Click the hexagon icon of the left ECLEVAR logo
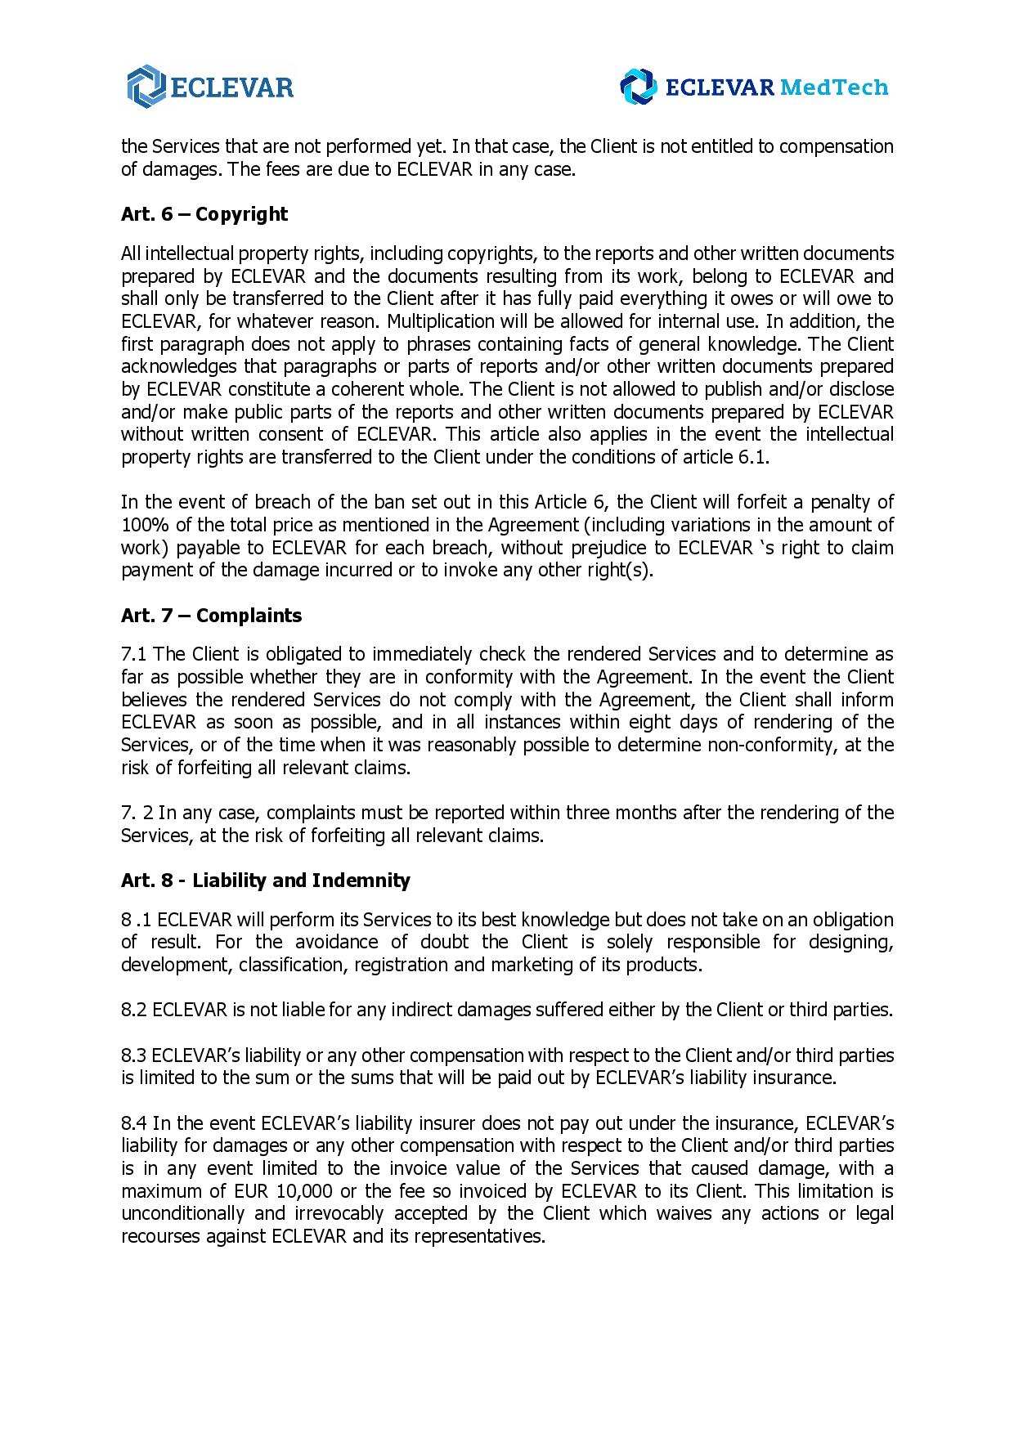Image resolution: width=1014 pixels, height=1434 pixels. [146, 86]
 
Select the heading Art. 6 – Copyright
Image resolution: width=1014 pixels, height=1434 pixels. [204, 214]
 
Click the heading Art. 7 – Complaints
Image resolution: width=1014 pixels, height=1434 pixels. [211, 616]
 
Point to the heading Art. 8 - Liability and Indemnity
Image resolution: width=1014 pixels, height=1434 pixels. [265, 881]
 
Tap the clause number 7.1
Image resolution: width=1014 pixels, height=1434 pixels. [134, 654]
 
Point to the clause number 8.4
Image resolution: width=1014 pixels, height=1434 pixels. [134, 1123]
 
